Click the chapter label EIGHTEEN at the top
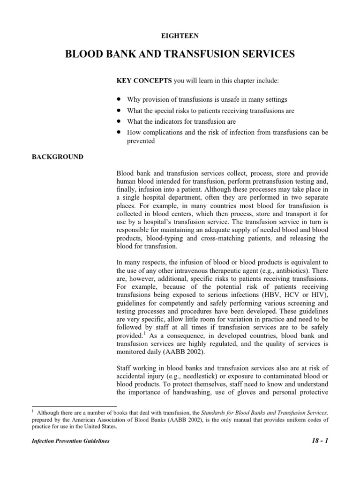[x=180, y=35]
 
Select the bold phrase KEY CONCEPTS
[x=144, y=81]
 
